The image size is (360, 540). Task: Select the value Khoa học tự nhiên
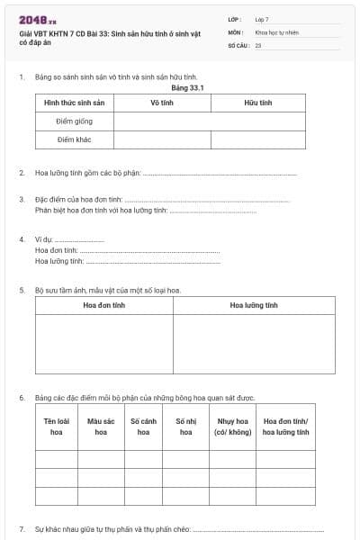point(276,31)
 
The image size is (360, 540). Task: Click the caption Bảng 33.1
point(184,88)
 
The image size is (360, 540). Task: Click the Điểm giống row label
point(75,121)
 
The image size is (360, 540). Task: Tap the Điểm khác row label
point(75,139)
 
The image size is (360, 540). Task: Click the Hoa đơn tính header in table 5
point(104,305)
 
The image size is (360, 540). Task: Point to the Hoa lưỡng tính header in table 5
point(254,305)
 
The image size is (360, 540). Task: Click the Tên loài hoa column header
point(57,427)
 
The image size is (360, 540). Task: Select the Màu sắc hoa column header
point(101,427)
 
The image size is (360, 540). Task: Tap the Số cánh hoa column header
point(143,427)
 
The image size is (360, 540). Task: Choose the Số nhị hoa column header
point(185,427)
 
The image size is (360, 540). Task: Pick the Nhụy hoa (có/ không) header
point(232,427)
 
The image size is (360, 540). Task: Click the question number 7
point(22,529)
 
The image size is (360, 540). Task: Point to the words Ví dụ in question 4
point(44,239)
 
